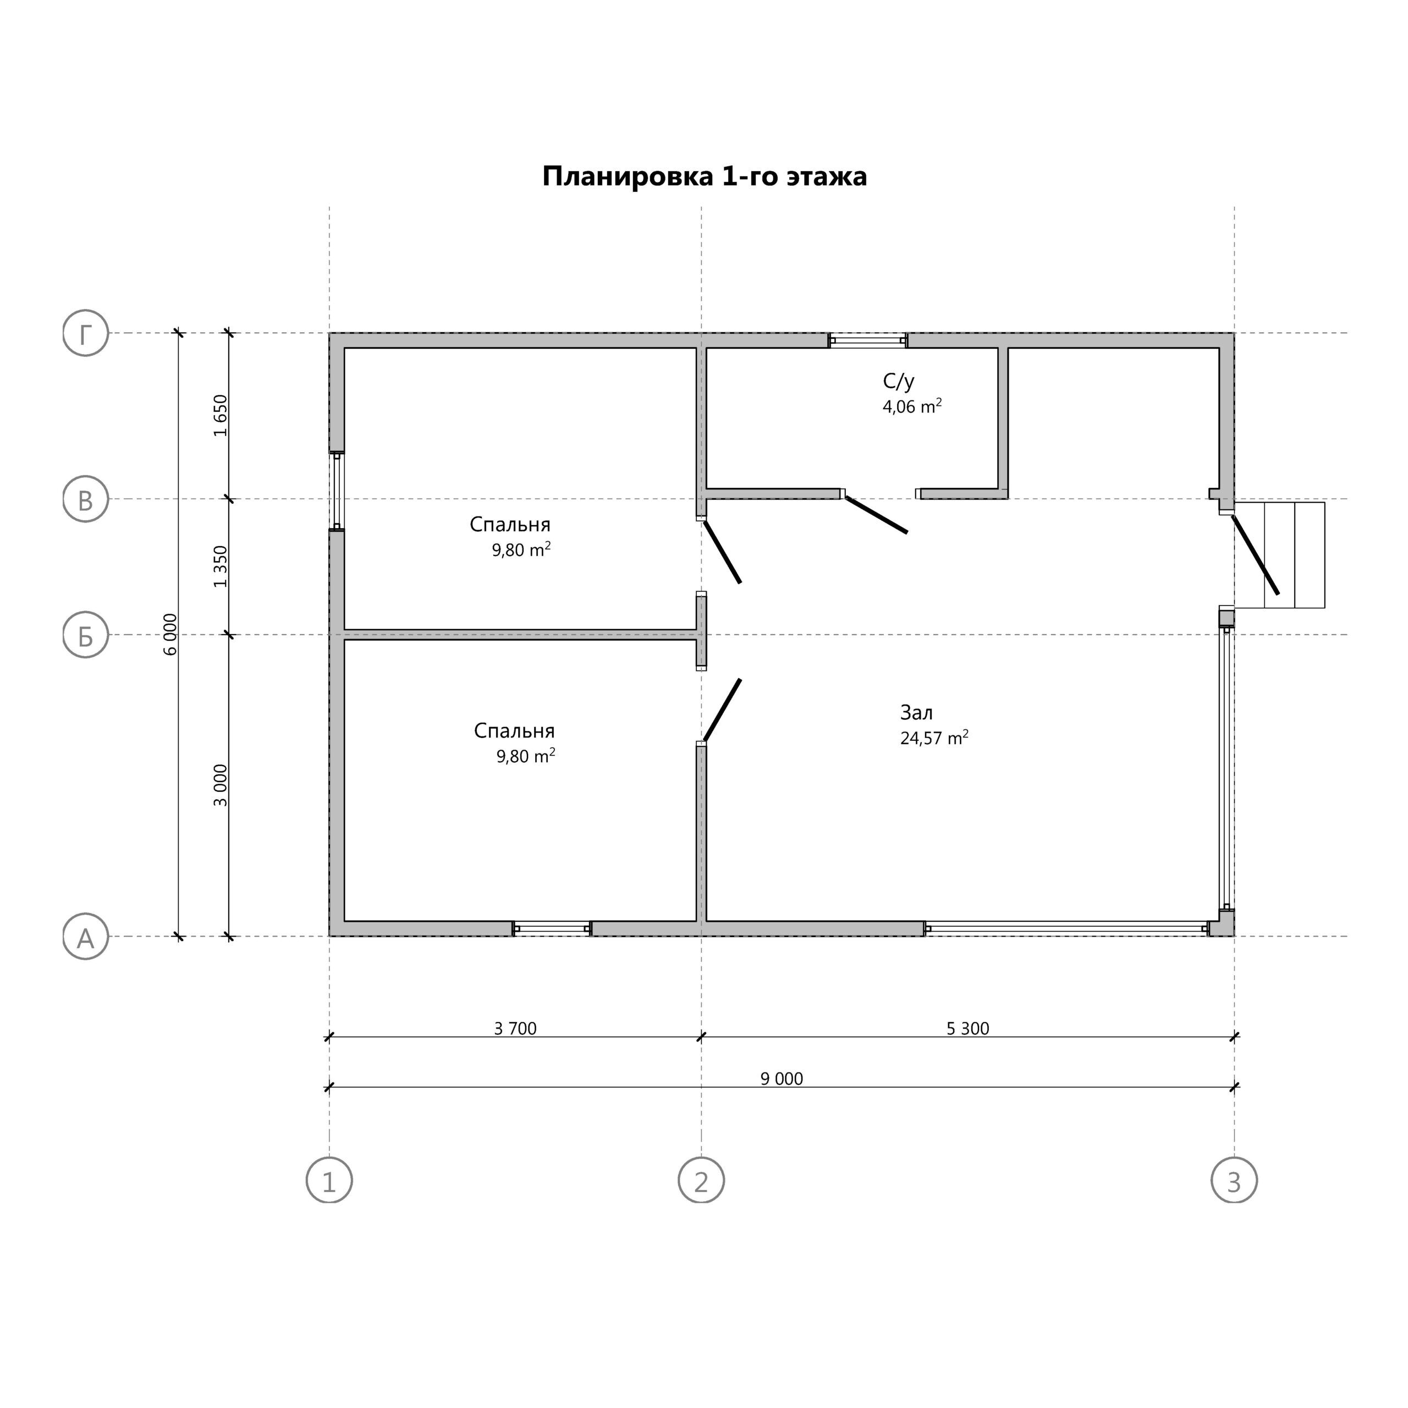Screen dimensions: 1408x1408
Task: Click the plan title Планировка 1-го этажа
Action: [x=704, y=177]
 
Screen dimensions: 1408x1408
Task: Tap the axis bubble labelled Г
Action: [x=86, y=334]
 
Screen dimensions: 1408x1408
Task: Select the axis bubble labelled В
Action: [x=86, y=500]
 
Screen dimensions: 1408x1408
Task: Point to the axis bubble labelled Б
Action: [x=86, y=635]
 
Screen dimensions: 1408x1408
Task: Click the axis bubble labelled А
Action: [x=86, y=937]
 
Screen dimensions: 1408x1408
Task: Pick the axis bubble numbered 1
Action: [x=329, y=1181]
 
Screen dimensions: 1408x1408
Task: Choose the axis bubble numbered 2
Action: [x=702, y=1181]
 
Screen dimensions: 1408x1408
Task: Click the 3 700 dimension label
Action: [x=515, y=1029]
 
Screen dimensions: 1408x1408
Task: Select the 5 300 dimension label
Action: [x=969, y=1029]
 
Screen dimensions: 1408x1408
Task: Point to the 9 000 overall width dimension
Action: [x=782, y=1079]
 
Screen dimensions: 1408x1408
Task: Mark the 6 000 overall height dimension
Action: [x=170, y=635]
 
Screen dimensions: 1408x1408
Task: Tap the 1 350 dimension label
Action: [x=220, y=567]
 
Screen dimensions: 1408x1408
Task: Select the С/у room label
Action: [x=899, y=381]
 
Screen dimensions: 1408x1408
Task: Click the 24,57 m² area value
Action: [x=934, y=738]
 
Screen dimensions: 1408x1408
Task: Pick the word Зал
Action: [x=917, y=713]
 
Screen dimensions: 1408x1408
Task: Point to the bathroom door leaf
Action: [x=877, y=515]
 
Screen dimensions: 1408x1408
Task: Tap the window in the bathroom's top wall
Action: [x=868, y=341]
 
